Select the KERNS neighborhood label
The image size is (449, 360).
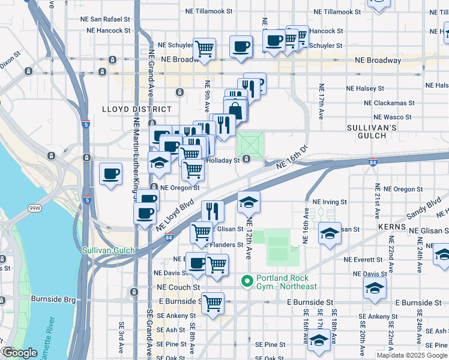[x=392, y=227]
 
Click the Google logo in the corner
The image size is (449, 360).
[x=19, y=353]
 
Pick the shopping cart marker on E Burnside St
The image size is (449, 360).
[x=212, y=303]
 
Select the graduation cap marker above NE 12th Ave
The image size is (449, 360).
[x=249, y=202]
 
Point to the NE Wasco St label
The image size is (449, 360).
[x=392, y=117]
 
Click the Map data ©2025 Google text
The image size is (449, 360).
[x=412, y=355]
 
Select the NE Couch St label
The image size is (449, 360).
[x=178, y=287]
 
